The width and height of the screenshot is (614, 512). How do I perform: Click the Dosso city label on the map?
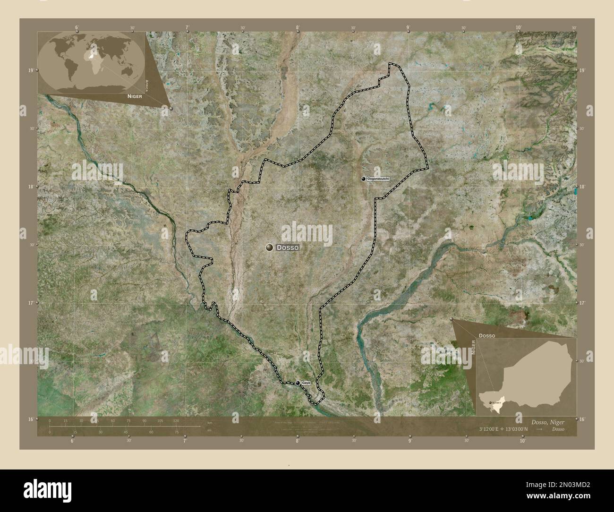(x=287, y=247)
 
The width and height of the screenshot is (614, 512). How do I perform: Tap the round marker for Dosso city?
(x=270, y=247)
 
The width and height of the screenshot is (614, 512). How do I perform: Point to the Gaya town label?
(x=306, y=383)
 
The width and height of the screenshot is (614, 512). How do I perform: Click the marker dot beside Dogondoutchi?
(x=363, y=179)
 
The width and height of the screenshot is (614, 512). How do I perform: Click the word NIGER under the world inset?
(x=134, y=96)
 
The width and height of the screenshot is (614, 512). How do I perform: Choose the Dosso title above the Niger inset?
(x=486, y=335)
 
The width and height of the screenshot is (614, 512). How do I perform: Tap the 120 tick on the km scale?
(x=176, y=420)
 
